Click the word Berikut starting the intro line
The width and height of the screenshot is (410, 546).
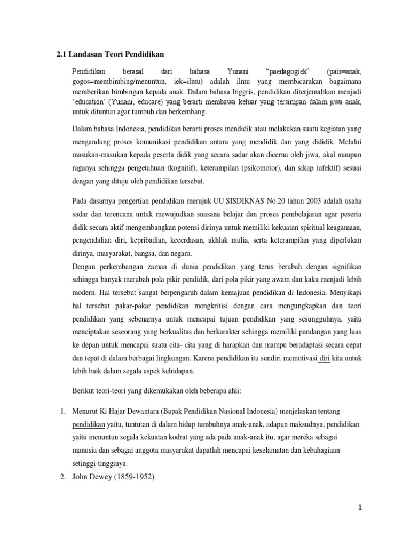click(x=83, y=391)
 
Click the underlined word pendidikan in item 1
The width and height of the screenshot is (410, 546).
click(x=90, y=425)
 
